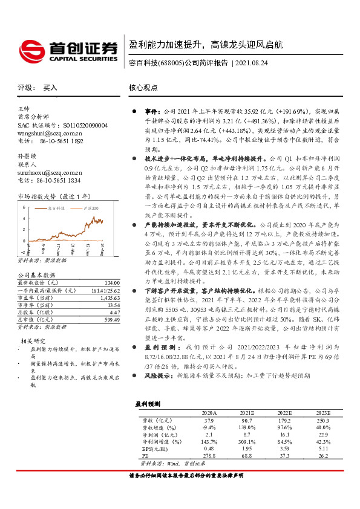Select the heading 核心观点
coord(143,88)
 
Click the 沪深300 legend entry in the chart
coord(90,207)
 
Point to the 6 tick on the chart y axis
coord(24,207)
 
